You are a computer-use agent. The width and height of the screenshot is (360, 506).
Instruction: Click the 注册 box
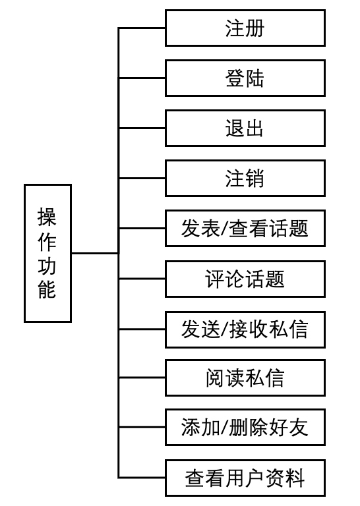tap(245, 28)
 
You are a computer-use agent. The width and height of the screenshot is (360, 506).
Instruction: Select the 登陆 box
tap(245, 78)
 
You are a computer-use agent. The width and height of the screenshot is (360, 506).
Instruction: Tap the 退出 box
tap(245, 128)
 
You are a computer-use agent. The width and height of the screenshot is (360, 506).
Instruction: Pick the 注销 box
tap(245, 178)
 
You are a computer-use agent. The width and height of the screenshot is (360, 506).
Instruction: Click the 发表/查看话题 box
tap(245, 228)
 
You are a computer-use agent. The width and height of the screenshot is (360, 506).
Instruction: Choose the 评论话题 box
tap(245, 279)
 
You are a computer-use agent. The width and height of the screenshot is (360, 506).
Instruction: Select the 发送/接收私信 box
tap(245, 329)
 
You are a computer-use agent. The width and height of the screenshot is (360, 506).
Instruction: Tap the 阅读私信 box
tap(245, 378)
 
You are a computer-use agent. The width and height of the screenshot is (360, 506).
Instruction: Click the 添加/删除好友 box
tap(245, 427)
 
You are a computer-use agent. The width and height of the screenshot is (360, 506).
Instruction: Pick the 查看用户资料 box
tap(245, 478)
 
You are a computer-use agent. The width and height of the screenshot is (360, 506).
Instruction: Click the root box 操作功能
tap(47, 253)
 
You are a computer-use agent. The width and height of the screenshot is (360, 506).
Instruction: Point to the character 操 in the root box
tap(47, 217)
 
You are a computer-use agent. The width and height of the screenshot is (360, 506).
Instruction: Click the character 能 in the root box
tap(47, 289)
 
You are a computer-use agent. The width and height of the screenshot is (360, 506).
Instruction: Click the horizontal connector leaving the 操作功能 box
tap(95, 253)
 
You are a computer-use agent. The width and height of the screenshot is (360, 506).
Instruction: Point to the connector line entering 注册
tap(142, 28)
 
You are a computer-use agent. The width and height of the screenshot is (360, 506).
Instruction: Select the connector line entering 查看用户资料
tap(142, 478)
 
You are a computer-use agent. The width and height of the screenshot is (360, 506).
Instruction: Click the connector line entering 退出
tap(142, 128)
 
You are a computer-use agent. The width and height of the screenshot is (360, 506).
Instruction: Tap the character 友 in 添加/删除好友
tap(299, 428)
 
